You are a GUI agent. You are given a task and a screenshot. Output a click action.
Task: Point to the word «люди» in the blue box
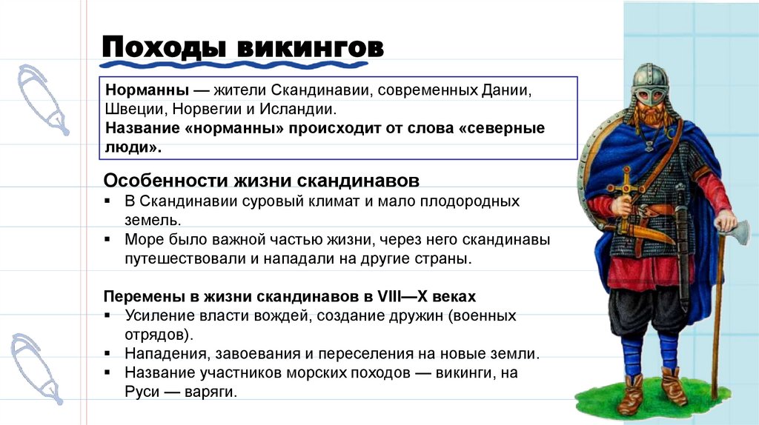coord(131,147)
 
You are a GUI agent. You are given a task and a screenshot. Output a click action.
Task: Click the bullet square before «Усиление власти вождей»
coord(108,316)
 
